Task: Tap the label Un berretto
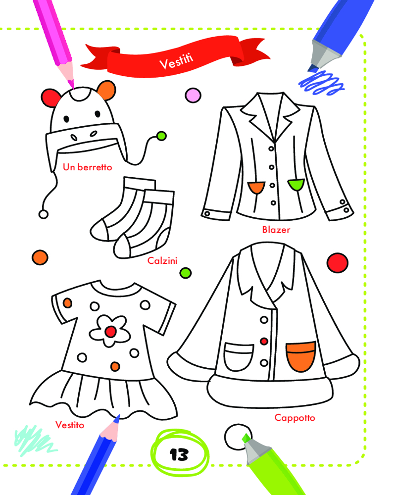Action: tap(88, 167)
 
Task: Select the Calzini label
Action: tap(162, 261)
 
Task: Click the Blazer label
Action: tap(276, 230)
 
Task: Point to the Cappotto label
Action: tap(295, 418)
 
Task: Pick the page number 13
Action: tap(179, 454)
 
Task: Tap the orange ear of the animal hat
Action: tap(106, 90)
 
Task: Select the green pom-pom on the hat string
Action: tap(161, 137)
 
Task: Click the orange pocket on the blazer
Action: tap(256, 187)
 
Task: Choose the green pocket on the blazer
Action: tap(296, 184)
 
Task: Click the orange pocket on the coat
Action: tap(300, 357)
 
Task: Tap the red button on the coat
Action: tap(264, 341)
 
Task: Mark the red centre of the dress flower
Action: tap(110, 332)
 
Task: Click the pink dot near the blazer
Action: tap(193, 95)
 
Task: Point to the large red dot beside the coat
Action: tap(337, 263)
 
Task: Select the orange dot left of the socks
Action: tap(40, 257)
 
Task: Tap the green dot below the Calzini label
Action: tap(185, 273)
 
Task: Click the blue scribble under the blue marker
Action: tap(321, 83)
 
